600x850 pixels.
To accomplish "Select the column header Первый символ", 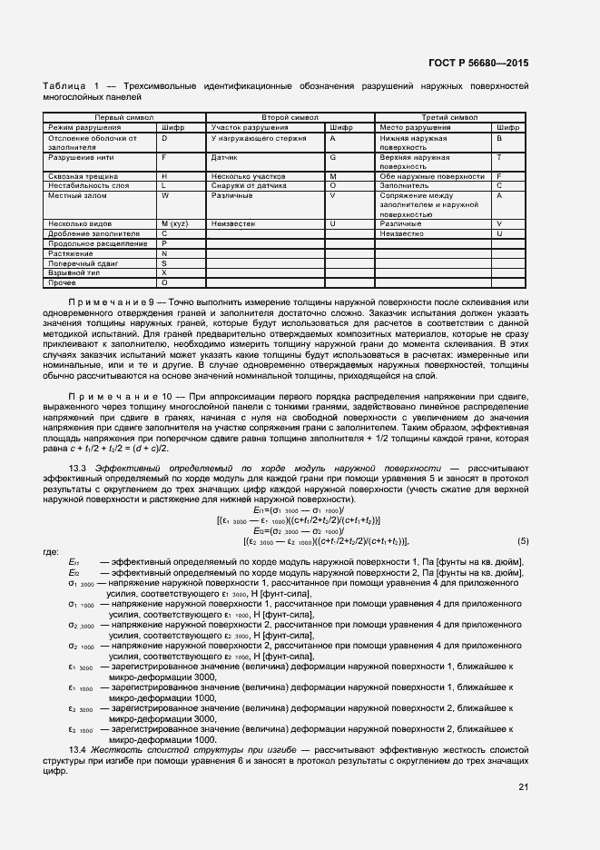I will [x=124, y=118].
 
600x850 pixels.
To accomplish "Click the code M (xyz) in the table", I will [x=173, y=223].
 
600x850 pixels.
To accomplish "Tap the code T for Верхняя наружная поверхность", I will [x=499, y=157].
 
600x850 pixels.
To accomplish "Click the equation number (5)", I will [x=522, y=542].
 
